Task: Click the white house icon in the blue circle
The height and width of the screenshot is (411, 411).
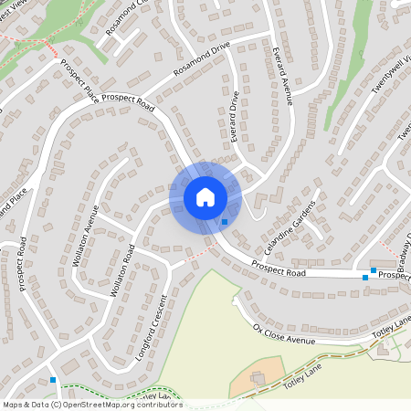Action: point(205,196)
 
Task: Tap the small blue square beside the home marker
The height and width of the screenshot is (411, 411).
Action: point(225,222)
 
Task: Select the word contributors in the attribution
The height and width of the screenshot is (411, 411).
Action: point(162,405)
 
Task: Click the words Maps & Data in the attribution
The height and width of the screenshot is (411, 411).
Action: point(26,405)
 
